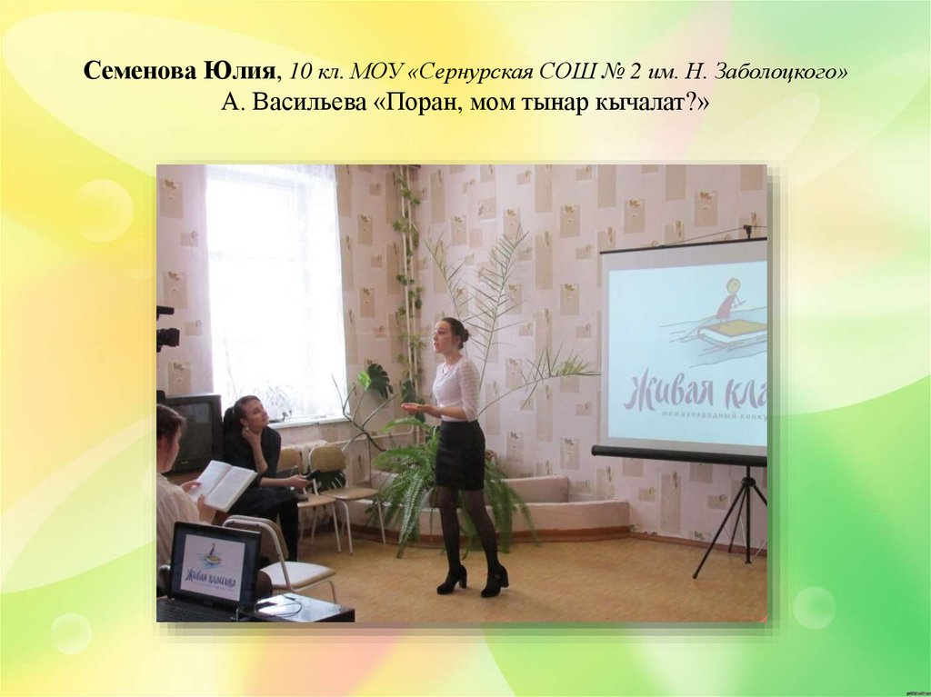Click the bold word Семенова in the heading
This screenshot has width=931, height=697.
point(134,73)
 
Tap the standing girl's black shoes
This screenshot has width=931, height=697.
point(473,579)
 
